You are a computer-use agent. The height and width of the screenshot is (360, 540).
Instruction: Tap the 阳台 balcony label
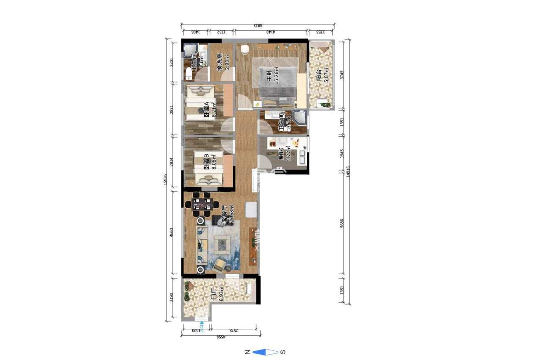coord(319,76)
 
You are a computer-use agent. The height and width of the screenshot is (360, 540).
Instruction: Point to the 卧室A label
coord(206,109)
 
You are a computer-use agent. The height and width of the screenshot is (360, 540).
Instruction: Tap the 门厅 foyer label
coord(214,294)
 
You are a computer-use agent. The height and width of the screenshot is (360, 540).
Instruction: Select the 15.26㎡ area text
coord(276,76)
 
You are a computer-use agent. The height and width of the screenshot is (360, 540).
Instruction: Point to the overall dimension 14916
coord(349,171)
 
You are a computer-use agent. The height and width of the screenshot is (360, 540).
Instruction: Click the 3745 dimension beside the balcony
coord(342,74)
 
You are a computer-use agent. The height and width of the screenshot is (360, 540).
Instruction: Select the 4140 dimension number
coord(271,32)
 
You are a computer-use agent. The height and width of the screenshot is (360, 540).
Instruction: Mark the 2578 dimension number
coord(234,330)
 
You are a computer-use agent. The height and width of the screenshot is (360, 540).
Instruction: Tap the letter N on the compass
coord(247,352)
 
